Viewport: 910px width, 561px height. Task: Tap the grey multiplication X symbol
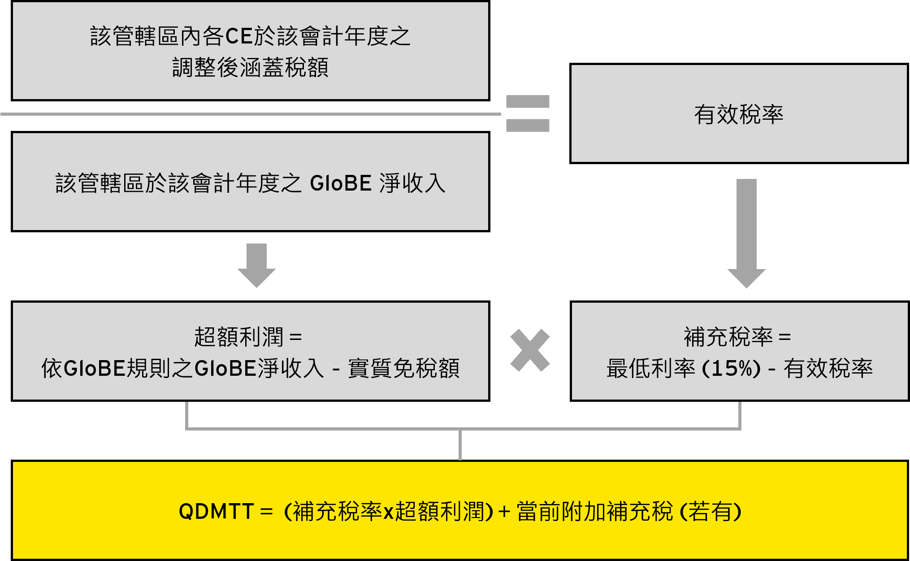[x=530, y=350]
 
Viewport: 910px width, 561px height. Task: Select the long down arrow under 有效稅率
[x=746, y=234]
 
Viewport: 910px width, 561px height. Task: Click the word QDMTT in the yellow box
[x=216, y=511]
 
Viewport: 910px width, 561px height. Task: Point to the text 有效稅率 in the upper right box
[x=739, y=114]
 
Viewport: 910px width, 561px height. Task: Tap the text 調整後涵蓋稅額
[x=250, y=68]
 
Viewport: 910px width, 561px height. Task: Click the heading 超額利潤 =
[x=248, y=337]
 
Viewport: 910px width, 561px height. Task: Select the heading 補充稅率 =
[x=737, y=337]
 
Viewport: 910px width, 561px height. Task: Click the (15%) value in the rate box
[x=731, y=369]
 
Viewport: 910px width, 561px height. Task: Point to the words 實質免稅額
[x=404, y=369]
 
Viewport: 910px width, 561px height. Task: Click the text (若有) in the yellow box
[x=711, y=511]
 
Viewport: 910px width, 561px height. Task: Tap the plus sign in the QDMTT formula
[x=504, y=512]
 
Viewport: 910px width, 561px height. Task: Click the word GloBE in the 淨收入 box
[x=340, y=183]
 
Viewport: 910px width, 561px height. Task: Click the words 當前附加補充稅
[x=594, y=511]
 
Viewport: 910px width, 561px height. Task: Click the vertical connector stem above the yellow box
[x=460, y=445]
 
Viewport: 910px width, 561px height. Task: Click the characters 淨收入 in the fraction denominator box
[x=412, y=183]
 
